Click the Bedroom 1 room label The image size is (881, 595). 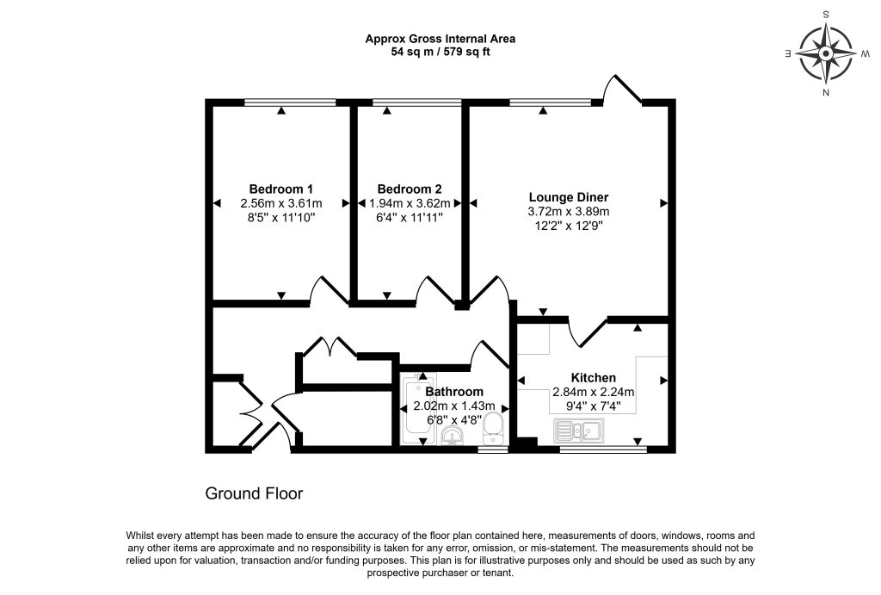click(x=281, y=189)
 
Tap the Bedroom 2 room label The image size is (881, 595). click(x=410, y=189)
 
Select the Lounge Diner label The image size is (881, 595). click(x=569, y=197)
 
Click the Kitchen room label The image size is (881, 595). click(x=594, y=378)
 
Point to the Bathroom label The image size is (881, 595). click(x=454, y=392)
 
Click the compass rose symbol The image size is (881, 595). click(x=826, y=53)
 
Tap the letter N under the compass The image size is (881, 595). click(x=826, y=93)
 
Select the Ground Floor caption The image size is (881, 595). click(x=254, y=493)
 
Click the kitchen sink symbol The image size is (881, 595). click(x=579, y=431)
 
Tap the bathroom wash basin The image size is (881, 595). click(x=452, y=436)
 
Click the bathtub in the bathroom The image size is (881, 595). click(x=418, y=409)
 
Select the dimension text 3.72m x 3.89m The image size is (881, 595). click(x=569, y=212)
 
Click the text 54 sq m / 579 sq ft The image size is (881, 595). click(x=440, y=53)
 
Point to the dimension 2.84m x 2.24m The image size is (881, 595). click(x=594, y=392)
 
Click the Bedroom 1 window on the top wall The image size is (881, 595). click(x=291, y=102)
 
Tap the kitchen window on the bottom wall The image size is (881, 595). click(x=603, y=449)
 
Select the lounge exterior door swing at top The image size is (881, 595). click(x=622, y=89)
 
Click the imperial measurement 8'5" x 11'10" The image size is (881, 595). click(x=281, y=218)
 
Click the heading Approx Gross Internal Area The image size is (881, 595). click(x=440, y=39)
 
